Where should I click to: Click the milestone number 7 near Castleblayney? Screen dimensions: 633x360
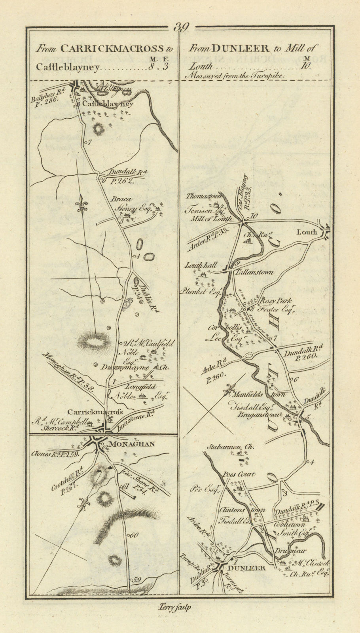[90, 143]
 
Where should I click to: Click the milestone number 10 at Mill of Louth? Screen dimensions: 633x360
[254, 216]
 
